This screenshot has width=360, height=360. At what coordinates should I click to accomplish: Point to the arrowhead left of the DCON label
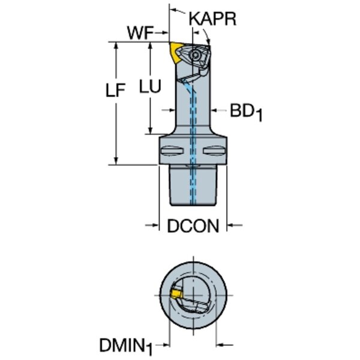click(153, 226)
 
